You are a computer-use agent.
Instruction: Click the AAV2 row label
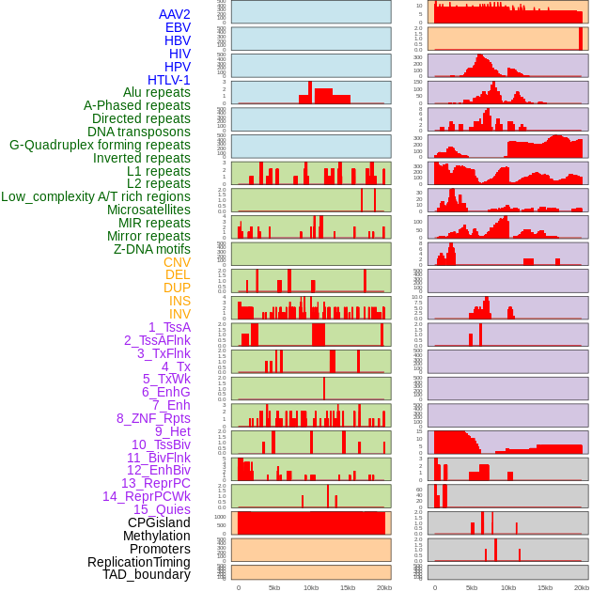click(x=174, y=14)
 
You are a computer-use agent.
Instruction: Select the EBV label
click(x=178, y=27)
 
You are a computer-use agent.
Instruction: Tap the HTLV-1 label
click(x=168, y=80)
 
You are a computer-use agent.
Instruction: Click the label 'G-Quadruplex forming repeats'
click(x=100, y=145)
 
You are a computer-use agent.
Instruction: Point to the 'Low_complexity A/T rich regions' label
click(x=96, y=196)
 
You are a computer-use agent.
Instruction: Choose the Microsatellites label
click(x=148, y=210)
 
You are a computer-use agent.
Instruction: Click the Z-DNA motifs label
click(x=151, y=249)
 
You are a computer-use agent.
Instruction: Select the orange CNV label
click(x=177, y=262)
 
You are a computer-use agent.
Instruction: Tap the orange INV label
click(x=179, y=314)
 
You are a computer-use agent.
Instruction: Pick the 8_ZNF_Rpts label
click(x=153, y=418)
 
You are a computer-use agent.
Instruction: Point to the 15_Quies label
click(x=162, y=509)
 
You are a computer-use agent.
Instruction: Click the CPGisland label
click(x=159, y=522)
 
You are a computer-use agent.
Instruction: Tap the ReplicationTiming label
click(x=138, y=562)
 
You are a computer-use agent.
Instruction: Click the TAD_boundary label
click(x=146, y=574)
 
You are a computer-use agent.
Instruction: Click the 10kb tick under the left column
click(x=311, y=587)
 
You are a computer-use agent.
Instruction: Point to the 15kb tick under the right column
click(x=544, y=587)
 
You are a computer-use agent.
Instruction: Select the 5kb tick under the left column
click(x=274, y=587)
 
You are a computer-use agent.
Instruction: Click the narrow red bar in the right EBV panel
click(x=580, y=38)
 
